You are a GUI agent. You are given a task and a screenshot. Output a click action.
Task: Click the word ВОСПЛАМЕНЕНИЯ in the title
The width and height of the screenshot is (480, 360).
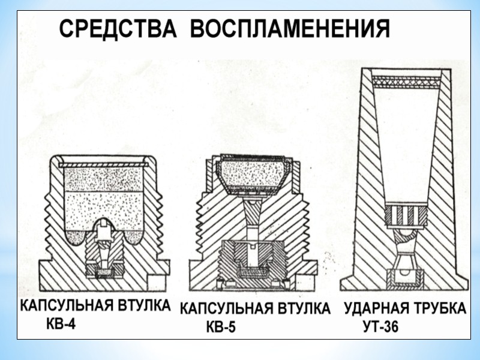(290, 29)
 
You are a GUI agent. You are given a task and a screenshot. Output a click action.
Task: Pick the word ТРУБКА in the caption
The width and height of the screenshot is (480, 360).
(439, 309)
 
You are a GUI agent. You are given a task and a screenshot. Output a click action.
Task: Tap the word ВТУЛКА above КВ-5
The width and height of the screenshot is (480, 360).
(302, 309)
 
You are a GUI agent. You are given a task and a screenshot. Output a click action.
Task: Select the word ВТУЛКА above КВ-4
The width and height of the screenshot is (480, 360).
(143, 306)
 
